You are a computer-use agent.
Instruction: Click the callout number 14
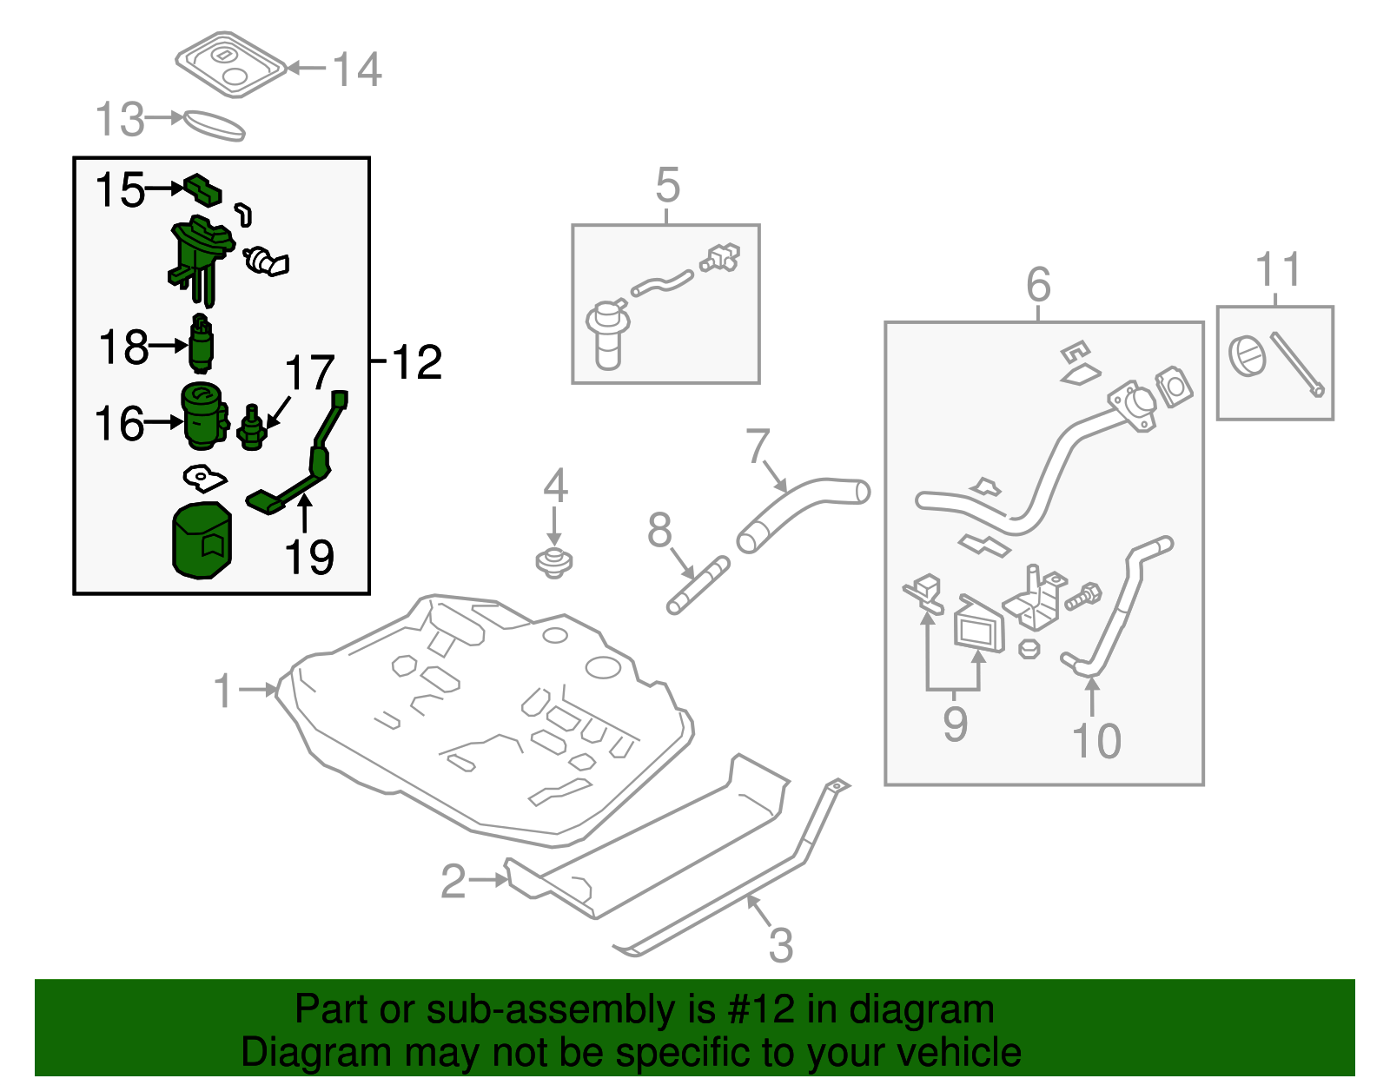coord(357,69)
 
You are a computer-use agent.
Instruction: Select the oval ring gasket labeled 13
coord(214,126)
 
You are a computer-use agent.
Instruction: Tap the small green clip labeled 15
coord(202,189)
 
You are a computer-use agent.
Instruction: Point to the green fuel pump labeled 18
coord(202,342)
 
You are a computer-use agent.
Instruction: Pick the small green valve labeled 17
coord(251,427)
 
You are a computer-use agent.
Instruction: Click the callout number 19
coord(309,558)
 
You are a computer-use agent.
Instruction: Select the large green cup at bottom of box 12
coord(202,541)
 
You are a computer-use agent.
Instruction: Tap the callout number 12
coord(418,361)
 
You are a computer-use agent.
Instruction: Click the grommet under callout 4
coord(554,563)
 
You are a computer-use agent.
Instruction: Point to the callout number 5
coord(667,185)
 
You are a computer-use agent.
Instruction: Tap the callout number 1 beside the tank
coord(224,691)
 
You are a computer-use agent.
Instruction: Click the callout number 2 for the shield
coord(453,882)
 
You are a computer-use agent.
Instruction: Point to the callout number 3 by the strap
coord(780,945)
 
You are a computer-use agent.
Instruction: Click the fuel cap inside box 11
coord(1248,357)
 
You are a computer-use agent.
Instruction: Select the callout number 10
coord(1096,741)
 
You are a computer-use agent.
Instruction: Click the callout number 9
coord(955,724)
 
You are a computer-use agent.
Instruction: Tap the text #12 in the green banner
coord(761,1010)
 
